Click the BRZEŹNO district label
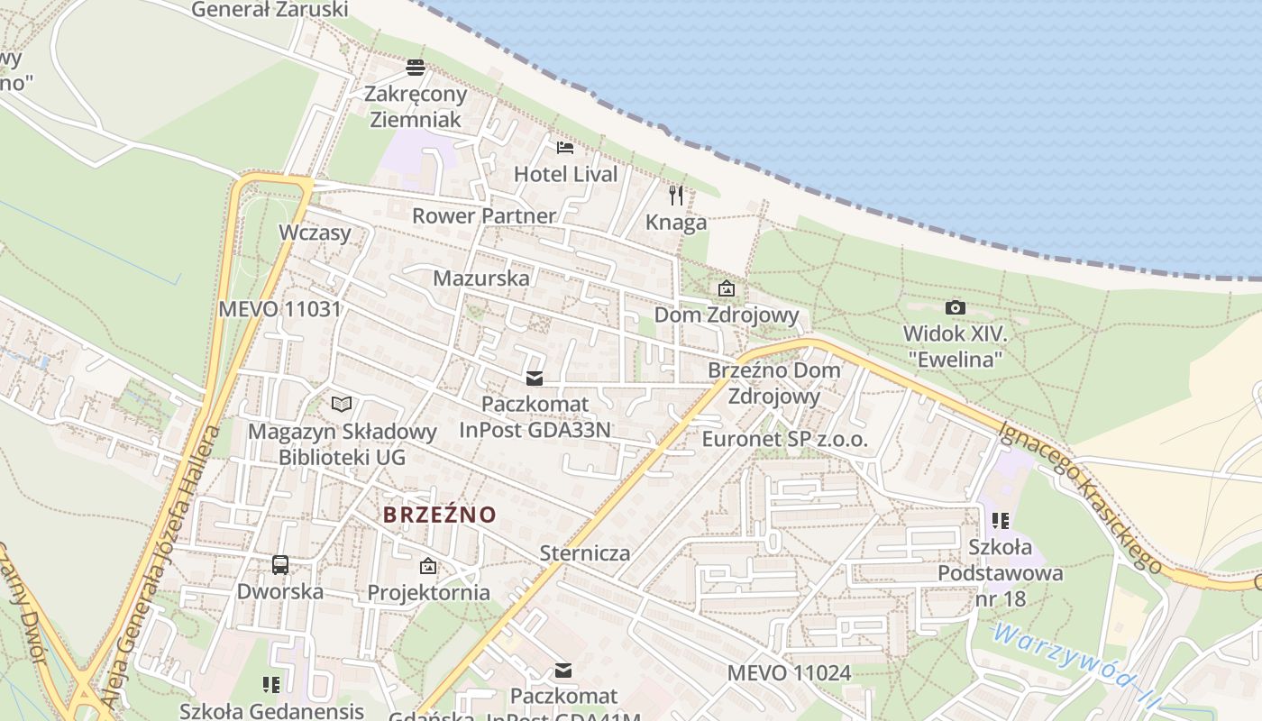click(x=440, y=515)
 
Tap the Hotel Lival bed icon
click(x=565, y=147)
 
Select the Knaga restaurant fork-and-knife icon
click(x=676, y=195)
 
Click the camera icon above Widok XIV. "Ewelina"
click(x=956, y=308)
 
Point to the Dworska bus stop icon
click(x=280, y=565)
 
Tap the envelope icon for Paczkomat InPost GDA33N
click(x=535, y=379)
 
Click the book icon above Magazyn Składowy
click(x=342, y=404)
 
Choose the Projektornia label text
click(x=428, y=592)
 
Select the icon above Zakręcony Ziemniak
click(x=415, y=67)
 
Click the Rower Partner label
click(x=484, y=215)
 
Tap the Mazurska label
click(x=481, y=278)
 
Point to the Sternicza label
click(x=585, y=552)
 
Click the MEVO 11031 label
click(x=280, y=309)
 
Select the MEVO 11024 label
click(x=789, y=672)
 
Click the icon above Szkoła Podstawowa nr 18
click(x=1000, y=521)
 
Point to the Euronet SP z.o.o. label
click(x=784, y=440)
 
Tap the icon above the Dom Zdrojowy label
click(x=726, y=288)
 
